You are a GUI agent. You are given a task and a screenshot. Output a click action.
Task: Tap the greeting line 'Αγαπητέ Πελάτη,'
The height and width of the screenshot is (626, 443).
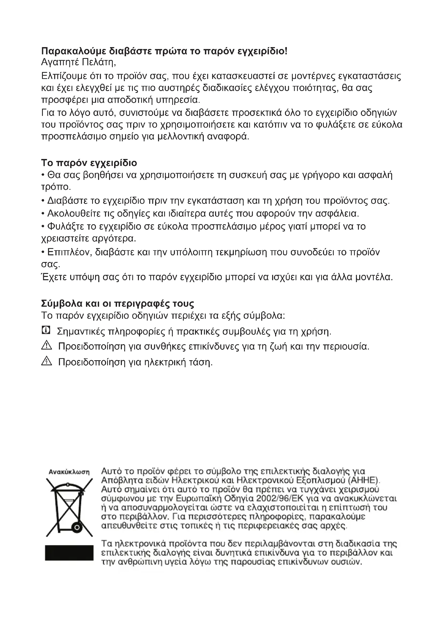pyautogui.click(x=78, y=62)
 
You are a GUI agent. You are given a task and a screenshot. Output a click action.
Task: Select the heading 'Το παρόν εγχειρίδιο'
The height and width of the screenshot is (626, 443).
pyautogui.click(x=89, y=163)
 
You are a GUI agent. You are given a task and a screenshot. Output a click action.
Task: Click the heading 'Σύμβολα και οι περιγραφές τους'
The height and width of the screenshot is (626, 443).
pyautogui.click(x=118, y=303)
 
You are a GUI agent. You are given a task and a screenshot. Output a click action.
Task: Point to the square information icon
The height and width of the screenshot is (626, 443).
pyautogui.click(x=46, y=331)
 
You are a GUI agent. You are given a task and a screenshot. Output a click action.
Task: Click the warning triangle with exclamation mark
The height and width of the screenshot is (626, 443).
pyautogui.click(x=47, y=346)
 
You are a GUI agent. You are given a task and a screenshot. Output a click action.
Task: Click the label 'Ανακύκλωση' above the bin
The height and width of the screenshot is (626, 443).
pyautogui.click(x=69, y=472)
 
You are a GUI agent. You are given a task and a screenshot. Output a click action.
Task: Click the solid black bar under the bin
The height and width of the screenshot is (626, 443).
pyautogui.click(x=69, y=553)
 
